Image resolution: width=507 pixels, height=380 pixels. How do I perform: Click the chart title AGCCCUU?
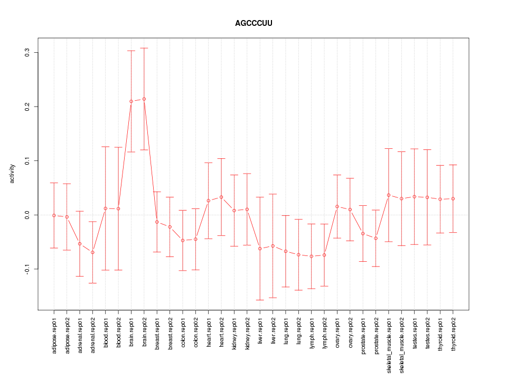pyautogui.click(x=253, y=23)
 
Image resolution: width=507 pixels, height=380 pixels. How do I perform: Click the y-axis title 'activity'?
pyautogui.click(x=12, y=174)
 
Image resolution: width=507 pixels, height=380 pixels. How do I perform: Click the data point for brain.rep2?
pyautogui.click(x=144, y=99)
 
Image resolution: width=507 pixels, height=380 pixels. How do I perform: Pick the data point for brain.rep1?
pyautogui.click(x=131, y=101)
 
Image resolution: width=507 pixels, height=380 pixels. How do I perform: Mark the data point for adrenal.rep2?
pyautogui.click(x=92, y=252)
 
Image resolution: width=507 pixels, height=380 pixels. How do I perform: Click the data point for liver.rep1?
pyautogui.click(x=260, y=249)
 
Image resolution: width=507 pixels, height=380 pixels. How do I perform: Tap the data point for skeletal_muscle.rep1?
pyautogui.click(x=389, y=195)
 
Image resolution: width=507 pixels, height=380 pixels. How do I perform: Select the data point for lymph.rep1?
pyautogui.click(x=312, y=256)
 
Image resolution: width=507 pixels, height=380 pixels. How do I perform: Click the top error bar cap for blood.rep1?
pyautogui.click(x=105, y=147)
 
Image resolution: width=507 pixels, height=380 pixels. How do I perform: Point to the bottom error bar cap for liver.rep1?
pyautogui.click(x=260, y=300)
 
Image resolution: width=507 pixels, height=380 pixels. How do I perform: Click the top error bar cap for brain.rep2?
pyautogui.click(x=144, y=48)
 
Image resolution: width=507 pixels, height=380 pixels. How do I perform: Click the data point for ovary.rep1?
pyautogui.click(x=337, y=206)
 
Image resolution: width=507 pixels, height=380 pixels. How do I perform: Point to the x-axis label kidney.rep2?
pyautogui.click(x=247, y=331)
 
